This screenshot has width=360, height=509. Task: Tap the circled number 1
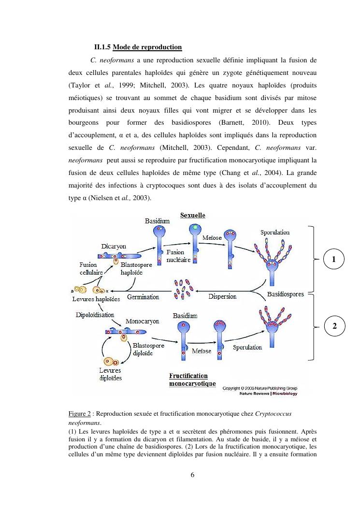(x=333, y=260)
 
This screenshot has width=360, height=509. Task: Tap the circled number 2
(x=333, y=327)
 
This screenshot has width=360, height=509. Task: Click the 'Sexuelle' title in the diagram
(x=193, y=215)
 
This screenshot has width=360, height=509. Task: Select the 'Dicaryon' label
(x=114, y=247)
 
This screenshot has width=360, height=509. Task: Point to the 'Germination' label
(x=143, y=297)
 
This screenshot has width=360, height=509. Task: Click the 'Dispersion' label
(x=222, y=297)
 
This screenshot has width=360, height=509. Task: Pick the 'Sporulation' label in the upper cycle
(x=275, y=233)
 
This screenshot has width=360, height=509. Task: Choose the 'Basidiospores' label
(x=286, y=294)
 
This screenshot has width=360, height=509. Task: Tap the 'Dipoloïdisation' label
(x=95, y=315)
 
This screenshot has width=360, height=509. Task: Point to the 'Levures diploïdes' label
(x=111, y=374)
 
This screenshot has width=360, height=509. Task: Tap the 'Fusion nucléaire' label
(x=178, y=256)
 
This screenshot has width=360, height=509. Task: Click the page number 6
(x=192, y=474)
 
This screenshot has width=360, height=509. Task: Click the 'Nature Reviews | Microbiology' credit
(x=268, y=393)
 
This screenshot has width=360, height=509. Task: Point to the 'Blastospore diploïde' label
(x=148, y=349)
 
